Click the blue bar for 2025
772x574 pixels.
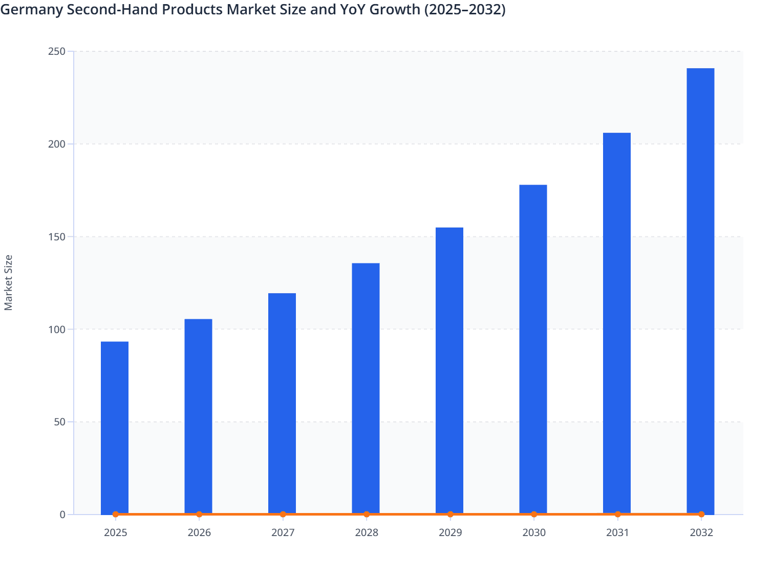coord(115,427)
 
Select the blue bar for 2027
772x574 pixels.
coord(282,403)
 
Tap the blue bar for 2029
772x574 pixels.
coord(449,371)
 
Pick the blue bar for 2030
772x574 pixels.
coord(533,349)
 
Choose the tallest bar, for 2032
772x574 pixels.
coord(700,291)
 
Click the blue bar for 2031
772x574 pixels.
coord(617,323)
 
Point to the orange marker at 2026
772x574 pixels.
coord(199,514)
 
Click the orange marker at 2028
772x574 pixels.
coord(367,514)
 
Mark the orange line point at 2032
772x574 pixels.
coord(701,514)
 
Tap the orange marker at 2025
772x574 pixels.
coord(116,514)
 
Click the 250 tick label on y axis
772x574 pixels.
coord(57,51)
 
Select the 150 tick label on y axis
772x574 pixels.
coord(57,237)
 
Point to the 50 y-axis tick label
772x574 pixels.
coord(59,422)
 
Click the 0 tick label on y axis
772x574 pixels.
coord(62,515)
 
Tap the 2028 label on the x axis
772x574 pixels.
coord(367,532)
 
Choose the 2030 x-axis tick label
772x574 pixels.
coord(534,532)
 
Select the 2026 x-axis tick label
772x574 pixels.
coord(199,532)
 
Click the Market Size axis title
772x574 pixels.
coord(9,282)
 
